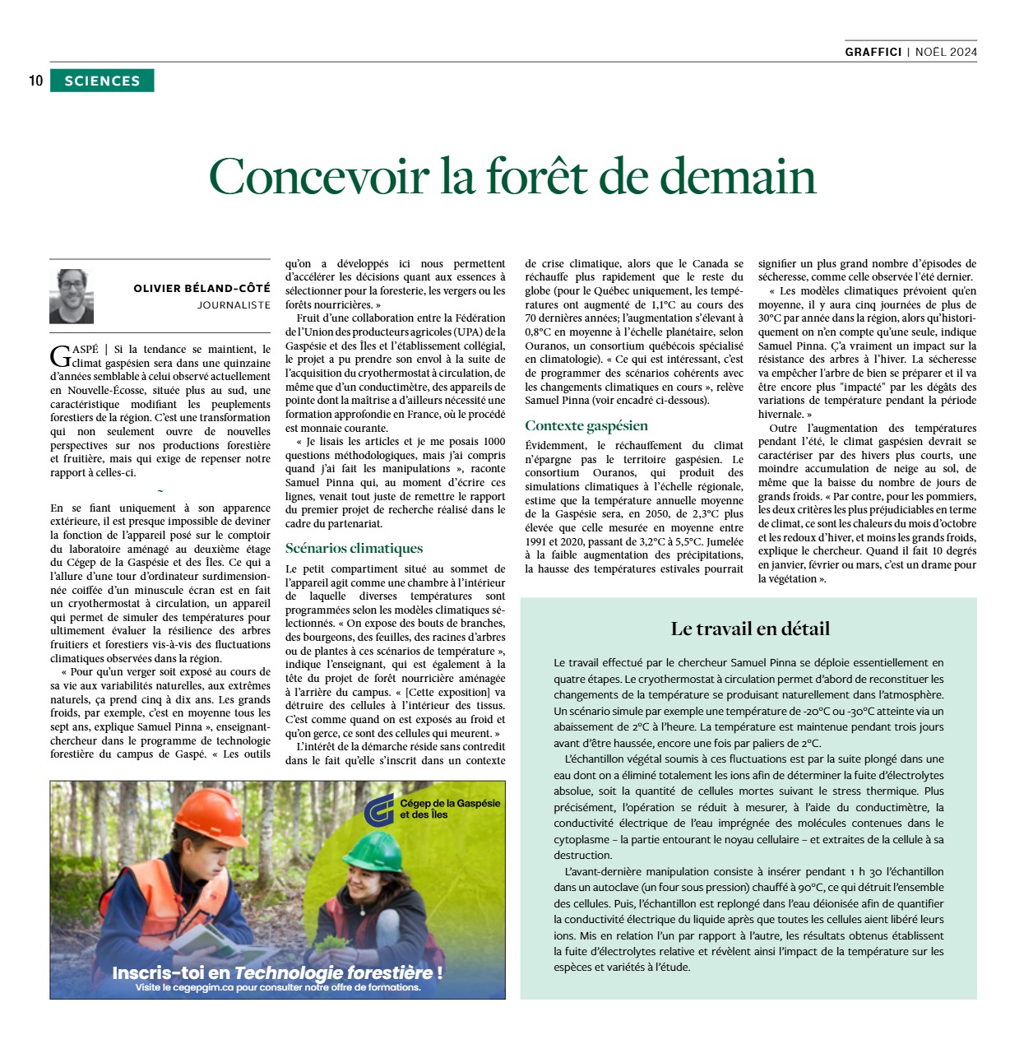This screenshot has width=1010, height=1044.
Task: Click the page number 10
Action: (x=35, y=81)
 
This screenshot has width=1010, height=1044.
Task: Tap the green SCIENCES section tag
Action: (x=102, y=81)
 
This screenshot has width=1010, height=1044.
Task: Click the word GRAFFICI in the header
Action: (x=873, y=52)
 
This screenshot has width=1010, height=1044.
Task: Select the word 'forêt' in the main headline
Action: (x=540, y=176)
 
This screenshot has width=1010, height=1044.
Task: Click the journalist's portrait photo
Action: (x=72, y=296)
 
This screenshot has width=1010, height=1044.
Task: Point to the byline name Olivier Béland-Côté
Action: (x=202, y=288)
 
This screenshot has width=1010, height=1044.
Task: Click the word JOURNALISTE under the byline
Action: (x=234, y=304)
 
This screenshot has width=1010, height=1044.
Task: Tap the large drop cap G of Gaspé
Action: (x=60, y=356)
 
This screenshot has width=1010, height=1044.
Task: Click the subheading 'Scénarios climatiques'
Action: (x=354, y=548)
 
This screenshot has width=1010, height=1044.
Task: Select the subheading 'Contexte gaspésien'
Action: (x=586, y=425)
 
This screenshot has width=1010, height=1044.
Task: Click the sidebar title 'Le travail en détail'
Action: (x=750, y=629)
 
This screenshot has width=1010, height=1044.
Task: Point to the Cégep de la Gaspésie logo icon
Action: (x=379, y=810)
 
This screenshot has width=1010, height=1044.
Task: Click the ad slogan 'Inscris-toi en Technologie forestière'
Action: (x=277, y=972)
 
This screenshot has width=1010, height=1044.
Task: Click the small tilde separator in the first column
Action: (x=160, y=491)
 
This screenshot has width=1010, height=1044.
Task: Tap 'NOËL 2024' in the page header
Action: (x=946, y=52)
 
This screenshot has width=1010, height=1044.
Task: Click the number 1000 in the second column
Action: (x=494, y=442)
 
